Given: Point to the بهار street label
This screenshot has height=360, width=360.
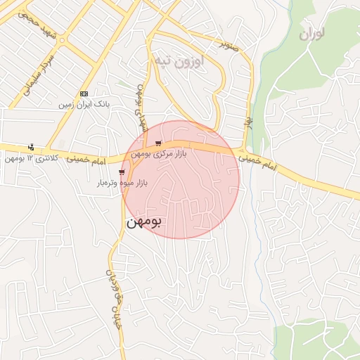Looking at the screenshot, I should (x=247, y=122).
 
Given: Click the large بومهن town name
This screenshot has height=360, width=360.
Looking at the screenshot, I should (x=144, y=222).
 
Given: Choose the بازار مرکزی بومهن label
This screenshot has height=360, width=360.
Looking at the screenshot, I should (x=159, y=154).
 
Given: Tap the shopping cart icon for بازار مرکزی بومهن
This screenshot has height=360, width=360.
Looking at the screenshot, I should (x=158, y=143).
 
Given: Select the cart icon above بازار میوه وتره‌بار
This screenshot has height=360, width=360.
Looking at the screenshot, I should (x=122, y=172).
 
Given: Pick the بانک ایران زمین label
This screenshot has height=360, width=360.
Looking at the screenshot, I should (x=84, y=104).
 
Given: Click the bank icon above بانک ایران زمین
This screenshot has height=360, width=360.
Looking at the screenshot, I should (x=84, y=94).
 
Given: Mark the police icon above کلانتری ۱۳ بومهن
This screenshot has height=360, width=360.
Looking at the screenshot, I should (x=31, y=147).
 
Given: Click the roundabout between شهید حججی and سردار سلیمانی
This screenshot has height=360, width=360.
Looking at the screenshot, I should (x=58, y=41).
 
